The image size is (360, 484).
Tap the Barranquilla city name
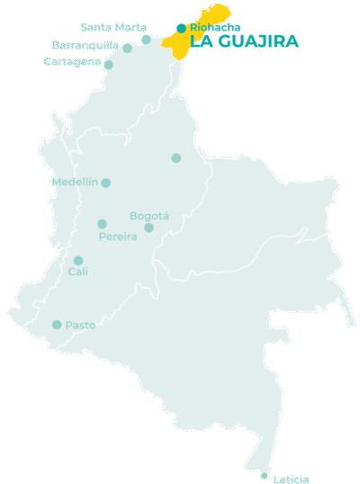pyautogui.click(x=85, y=45)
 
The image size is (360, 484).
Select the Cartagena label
pyautogui.click(x=72, y=61)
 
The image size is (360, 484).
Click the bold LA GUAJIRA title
pyautogui.click(x=245, y=41)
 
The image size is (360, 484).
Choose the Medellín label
pyautogui.click(x=74, y=183)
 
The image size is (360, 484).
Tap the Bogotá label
pyautogui.click(x=149, y=216)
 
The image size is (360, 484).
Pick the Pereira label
pyautogui.click(x=118, y=237)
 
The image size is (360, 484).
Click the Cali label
pyautogui.click(x=78, y=272)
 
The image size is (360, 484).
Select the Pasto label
pyautogui.click(x=80, y=325)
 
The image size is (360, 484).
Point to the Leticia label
pyautogui.click(x=291, y=479)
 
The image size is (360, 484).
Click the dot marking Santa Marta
pyautogui.click(x=147, y=39)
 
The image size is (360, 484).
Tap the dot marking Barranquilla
pyautogui.click(x=127, y=49)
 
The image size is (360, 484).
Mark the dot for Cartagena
pyautogui.click(x=109, y=65)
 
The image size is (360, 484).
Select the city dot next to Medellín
pyautogui.click(x=106, y=183)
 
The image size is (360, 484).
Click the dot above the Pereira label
pyautogui.click(x=102, y=224)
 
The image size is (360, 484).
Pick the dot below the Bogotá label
pyautogui.click(x=149, y=228)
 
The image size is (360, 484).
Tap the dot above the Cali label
pyautogui.click(x=78, y=260)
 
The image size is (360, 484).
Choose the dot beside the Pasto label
pyautogui.click(x=58, y=325)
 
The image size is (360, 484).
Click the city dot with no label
pyautogui.click(x=176, y=158)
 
